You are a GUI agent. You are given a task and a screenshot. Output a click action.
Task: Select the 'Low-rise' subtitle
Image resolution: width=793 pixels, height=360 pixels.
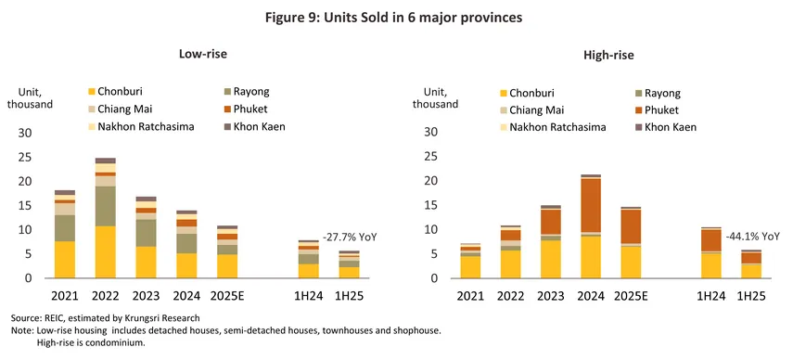click(x=203, y=56)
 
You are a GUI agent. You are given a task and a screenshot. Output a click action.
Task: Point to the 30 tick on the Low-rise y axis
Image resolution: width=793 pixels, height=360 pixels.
click(x=25, y=133)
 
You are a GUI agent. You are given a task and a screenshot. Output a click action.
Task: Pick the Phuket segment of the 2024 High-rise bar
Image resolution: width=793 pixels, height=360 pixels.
click(x=590, y=205)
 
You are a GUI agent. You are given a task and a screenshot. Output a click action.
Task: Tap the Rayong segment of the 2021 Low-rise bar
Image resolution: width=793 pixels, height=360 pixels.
click(x=65, y=228)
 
